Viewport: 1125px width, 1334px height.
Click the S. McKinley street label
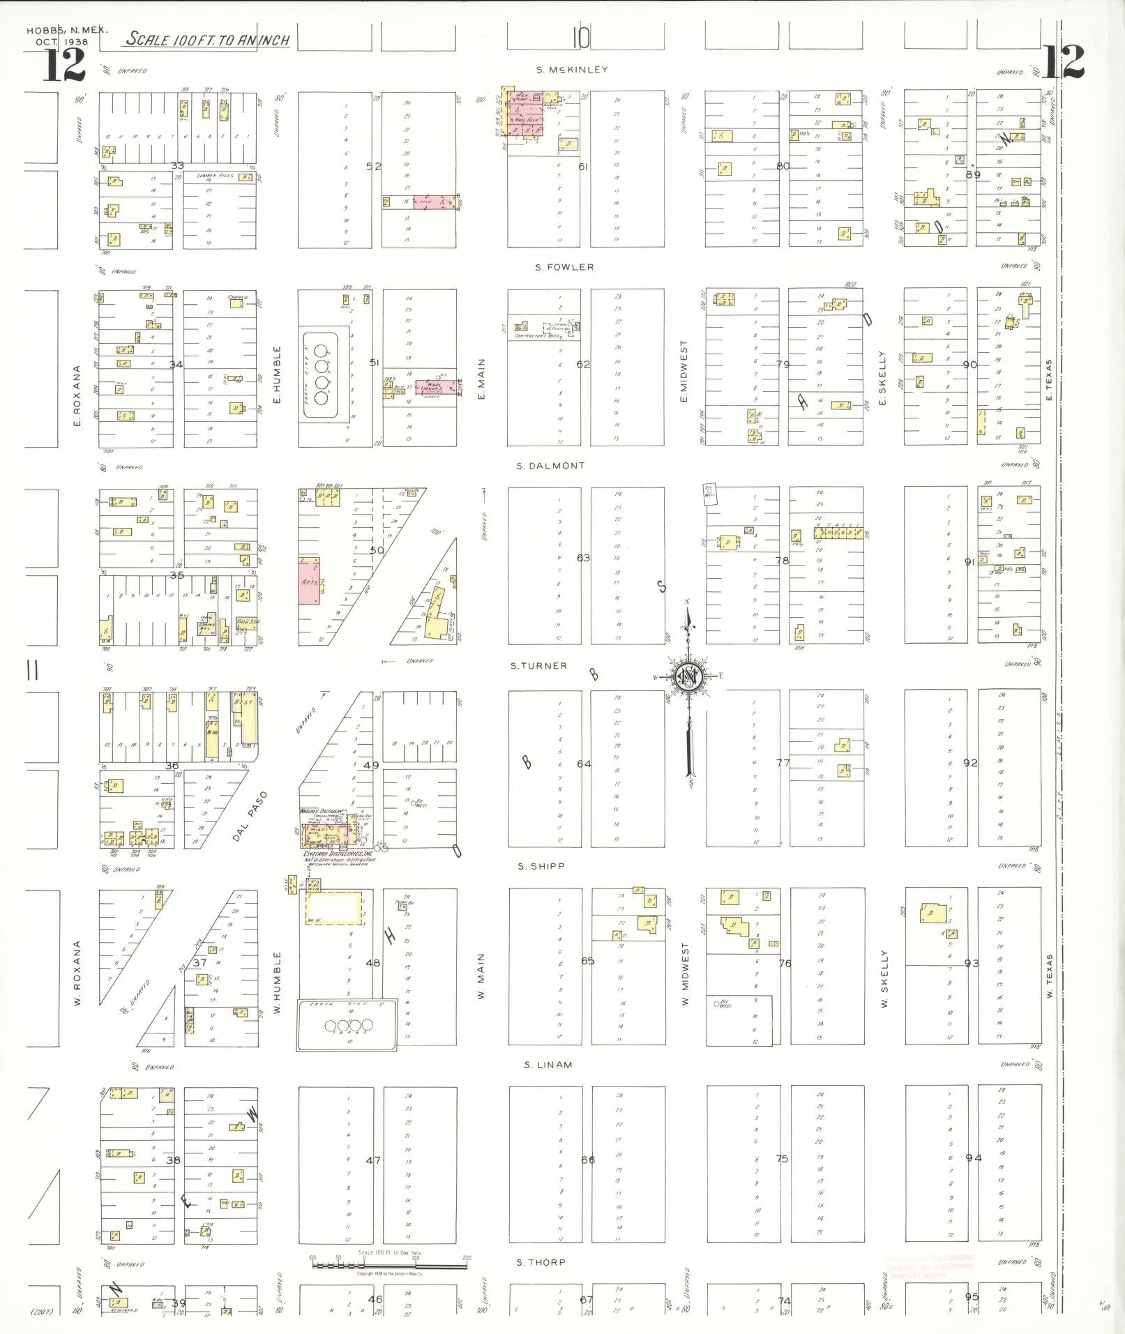tap(572, 70)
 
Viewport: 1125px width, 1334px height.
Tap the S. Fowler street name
tap(564, 267)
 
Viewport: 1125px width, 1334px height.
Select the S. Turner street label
tap(538, 666)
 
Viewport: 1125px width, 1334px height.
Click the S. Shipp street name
tap(541, 866)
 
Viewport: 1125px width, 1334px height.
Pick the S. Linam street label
tap(548, 1065)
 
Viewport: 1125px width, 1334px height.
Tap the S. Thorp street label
tap(541, 1262)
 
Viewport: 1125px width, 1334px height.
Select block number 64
tap(584, 764)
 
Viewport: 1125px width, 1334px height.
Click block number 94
tap(973, 1158)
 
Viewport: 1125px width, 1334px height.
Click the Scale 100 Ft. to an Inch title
tap(207, 40)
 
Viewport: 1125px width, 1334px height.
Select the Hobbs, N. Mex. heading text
tap(58, 31)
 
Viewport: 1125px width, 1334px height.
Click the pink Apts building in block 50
tap(310, 580)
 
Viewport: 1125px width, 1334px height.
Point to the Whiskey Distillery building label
tap(321, 811)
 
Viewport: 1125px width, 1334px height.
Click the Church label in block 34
tap(237, 298)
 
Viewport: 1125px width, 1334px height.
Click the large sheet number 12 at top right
tap(1064, 63)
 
